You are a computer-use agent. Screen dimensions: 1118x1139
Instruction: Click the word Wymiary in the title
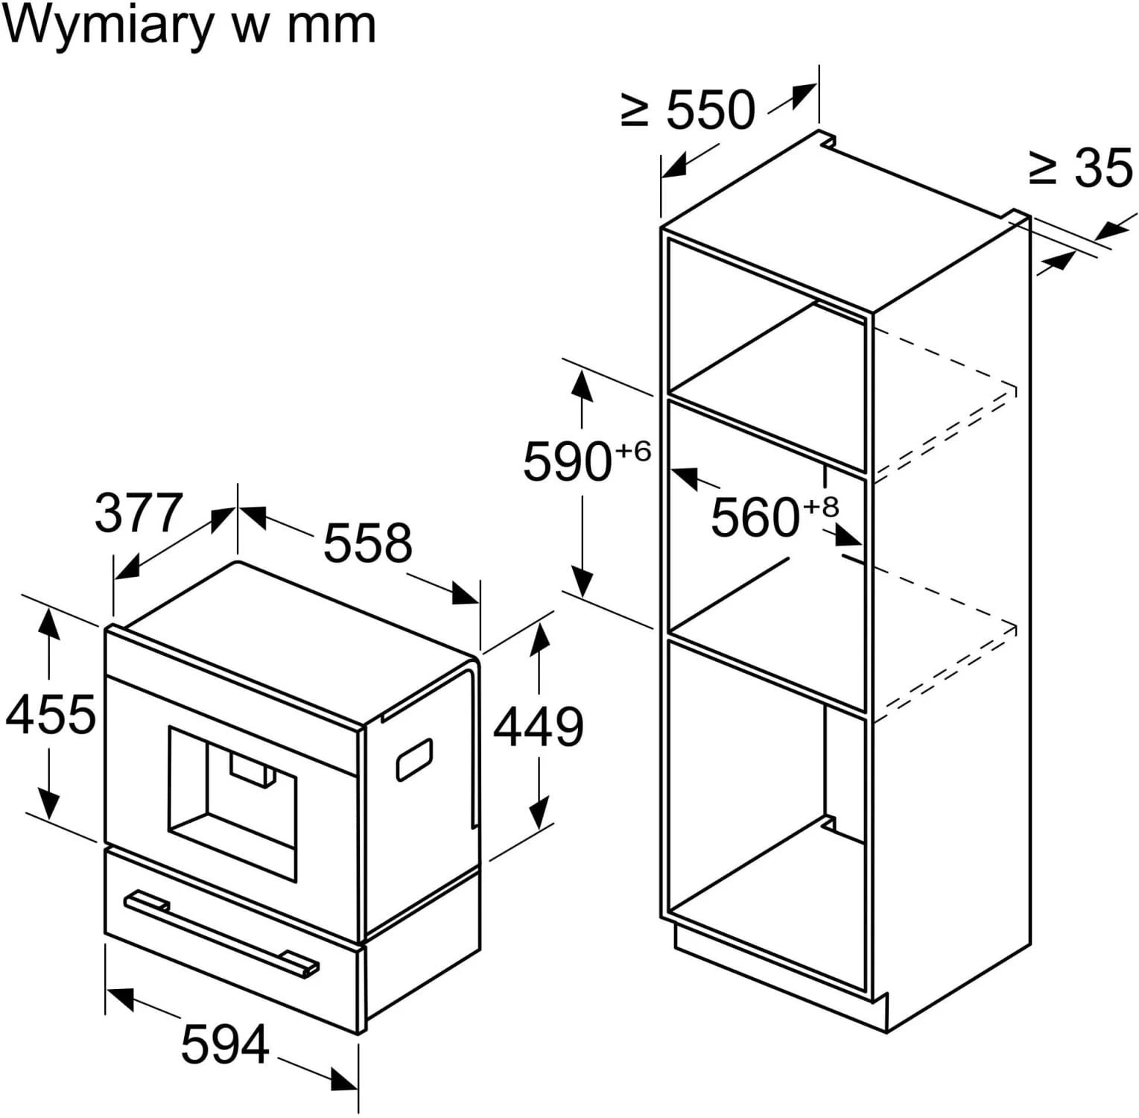[108, 27]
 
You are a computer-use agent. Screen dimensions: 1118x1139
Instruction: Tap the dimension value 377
[139, 513]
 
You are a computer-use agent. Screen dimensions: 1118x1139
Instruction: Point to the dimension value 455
[51, 714]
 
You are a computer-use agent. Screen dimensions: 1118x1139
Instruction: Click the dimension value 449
[539, 727]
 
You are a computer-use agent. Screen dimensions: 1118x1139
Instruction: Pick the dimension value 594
[224, 1044]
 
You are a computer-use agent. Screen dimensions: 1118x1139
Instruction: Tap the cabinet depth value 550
[710, 110]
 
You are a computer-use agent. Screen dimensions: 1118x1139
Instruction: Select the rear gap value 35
[1103, 168]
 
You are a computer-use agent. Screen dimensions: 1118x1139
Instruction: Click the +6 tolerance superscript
[632, 452]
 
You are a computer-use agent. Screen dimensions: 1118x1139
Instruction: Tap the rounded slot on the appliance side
[414, 759]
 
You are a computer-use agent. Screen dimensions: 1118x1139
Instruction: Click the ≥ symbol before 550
[635, 111]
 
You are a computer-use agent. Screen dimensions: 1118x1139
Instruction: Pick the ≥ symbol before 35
[1043, 169]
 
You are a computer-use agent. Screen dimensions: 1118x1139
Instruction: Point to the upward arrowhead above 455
[49, 622]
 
